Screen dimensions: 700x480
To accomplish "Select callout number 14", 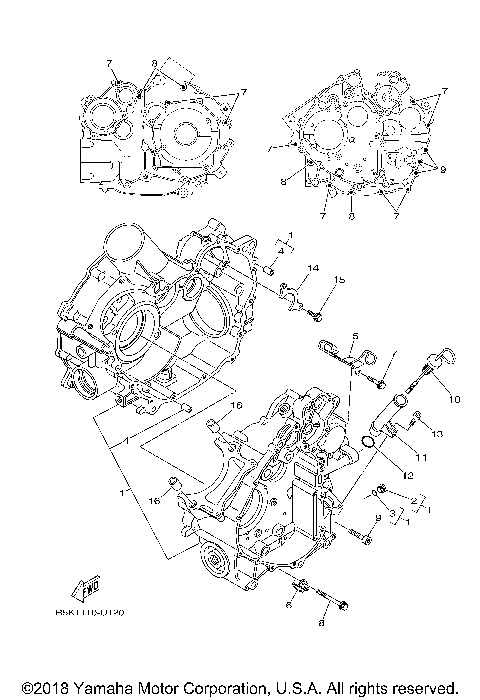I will pyautogui.click(x=313, y=270).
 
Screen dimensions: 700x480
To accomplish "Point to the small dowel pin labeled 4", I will pyautogui.click(x=270, y=267).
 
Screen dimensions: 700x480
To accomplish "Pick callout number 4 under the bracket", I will pyautogui.click(x=281, y=251).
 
